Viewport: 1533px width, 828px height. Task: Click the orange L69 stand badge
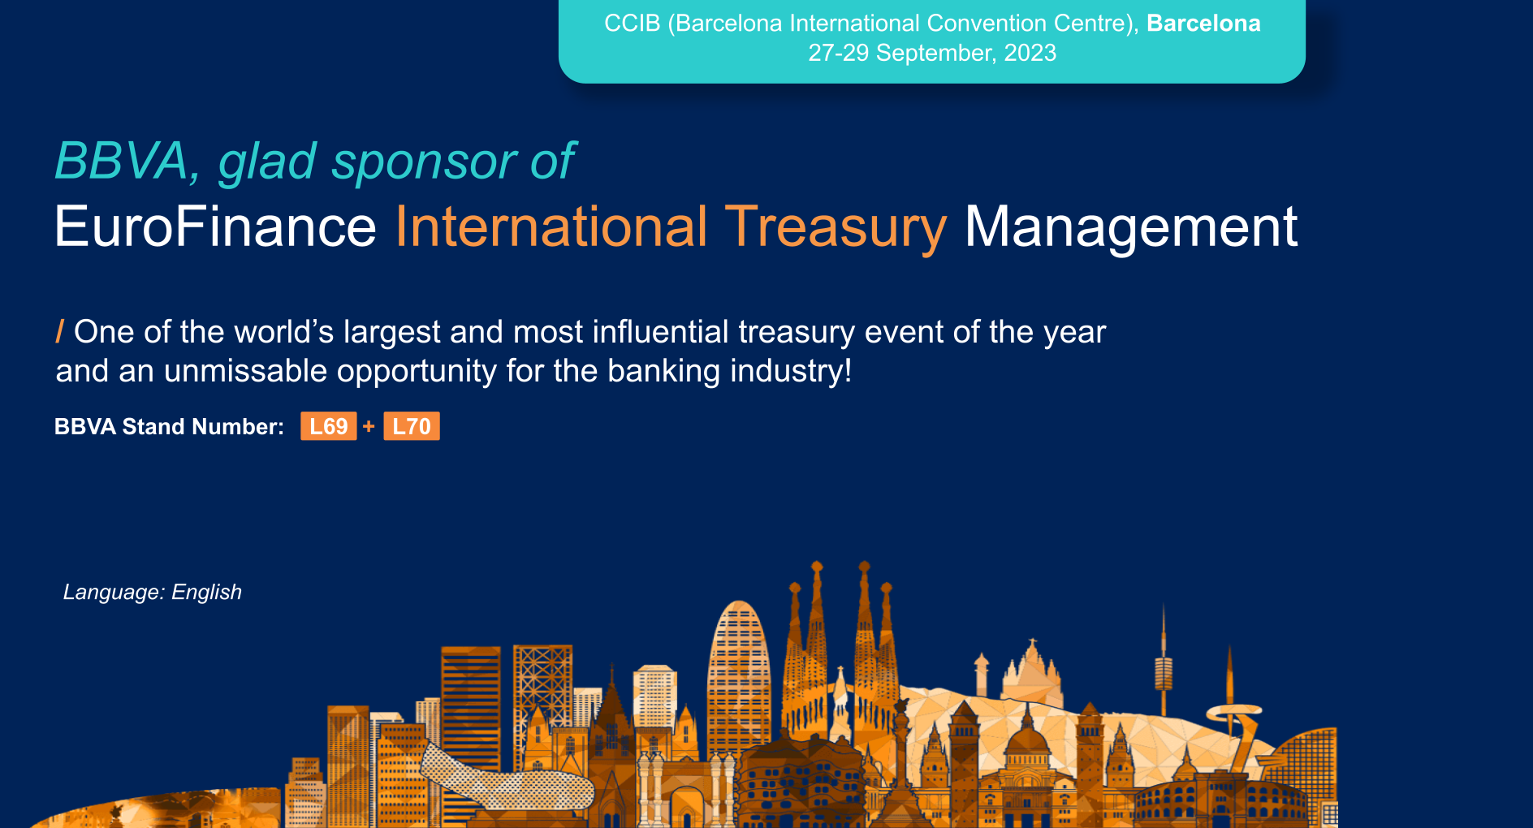(328, 426)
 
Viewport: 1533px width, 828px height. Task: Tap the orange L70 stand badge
(412, 426)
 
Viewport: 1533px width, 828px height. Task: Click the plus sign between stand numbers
(369, 426)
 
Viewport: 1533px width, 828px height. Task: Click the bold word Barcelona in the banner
(1203, 24)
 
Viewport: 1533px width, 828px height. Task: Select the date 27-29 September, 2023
(931, 53)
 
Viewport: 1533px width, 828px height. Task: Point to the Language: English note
(153, 592)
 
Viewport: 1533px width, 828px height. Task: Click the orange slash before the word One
(59, 332)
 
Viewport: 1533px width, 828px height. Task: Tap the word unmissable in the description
(248, 371)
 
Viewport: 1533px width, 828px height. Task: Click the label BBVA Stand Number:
(169, 426)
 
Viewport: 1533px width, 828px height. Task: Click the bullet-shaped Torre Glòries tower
(738, 674)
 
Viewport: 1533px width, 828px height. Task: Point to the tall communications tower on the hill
(1163, 666)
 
